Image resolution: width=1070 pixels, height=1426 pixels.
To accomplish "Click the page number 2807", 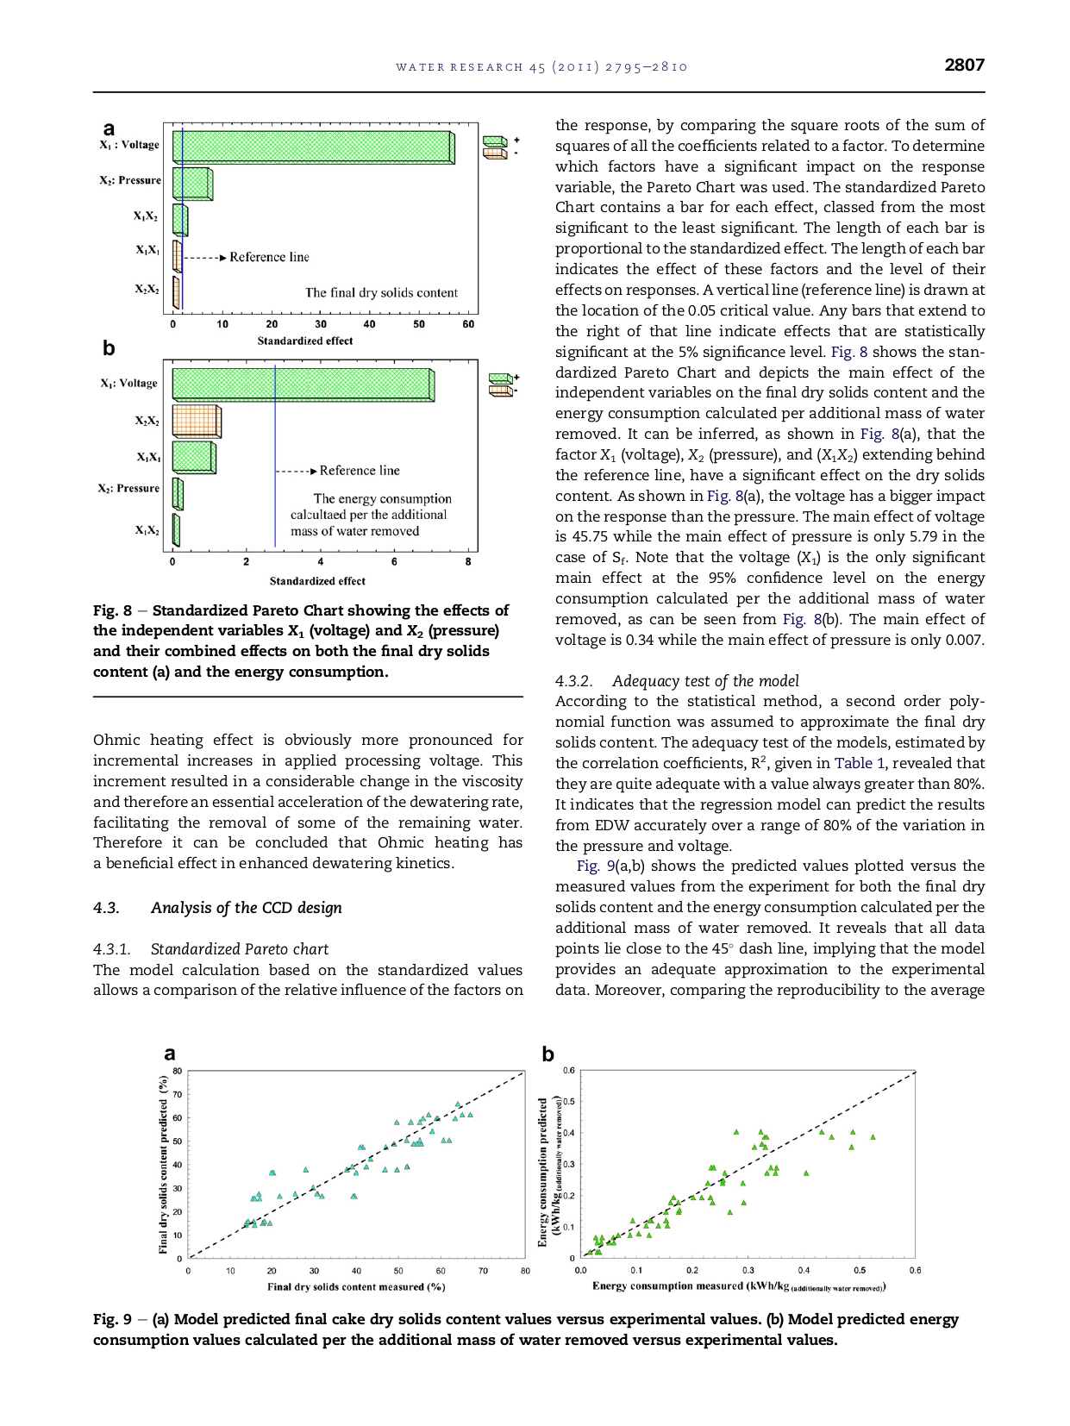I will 964,65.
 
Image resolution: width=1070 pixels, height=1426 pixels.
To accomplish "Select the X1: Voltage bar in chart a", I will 313,146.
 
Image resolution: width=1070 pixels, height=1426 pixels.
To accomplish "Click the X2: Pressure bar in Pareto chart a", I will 192,184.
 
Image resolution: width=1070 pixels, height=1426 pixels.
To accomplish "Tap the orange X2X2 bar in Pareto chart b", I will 197,421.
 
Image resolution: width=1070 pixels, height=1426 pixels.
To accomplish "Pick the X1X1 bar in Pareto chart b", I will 194,457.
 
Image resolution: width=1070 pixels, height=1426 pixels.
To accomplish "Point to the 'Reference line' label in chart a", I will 269,257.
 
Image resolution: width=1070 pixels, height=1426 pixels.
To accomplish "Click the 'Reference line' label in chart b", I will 360,471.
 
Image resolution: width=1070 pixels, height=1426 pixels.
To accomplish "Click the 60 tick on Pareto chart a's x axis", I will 468,324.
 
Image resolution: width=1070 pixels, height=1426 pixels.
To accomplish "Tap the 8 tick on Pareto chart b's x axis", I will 468,562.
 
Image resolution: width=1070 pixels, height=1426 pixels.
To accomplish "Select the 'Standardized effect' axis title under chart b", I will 317,581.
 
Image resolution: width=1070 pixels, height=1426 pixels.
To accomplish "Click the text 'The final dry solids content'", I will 381,293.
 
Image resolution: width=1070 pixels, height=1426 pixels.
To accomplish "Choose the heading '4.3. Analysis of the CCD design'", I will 217,908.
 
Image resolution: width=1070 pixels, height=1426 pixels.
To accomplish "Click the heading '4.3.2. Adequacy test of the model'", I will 677,681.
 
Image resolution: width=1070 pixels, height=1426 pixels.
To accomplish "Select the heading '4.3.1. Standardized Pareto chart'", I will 210,949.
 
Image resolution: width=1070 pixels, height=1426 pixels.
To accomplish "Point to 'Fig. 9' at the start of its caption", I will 112,1319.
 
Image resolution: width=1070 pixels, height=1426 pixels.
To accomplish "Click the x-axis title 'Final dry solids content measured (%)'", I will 356,1286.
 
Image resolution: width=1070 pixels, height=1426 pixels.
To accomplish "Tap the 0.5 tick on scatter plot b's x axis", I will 859,1270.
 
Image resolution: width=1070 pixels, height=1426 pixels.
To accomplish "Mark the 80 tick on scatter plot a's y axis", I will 177,1071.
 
